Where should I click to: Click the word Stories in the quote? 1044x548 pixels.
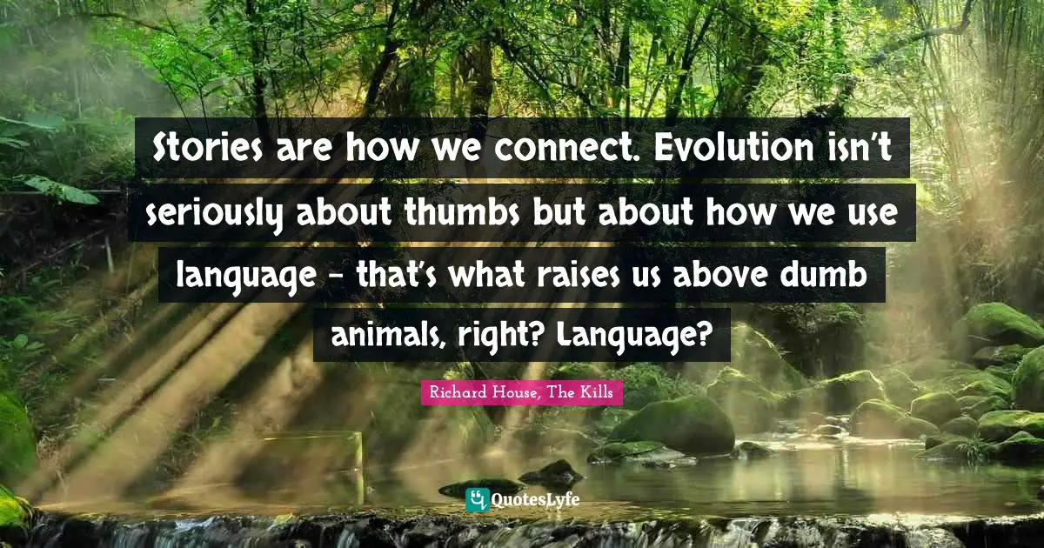click(x=202, y=149)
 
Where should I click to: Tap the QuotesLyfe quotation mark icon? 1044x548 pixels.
click(x=477, y=499)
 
